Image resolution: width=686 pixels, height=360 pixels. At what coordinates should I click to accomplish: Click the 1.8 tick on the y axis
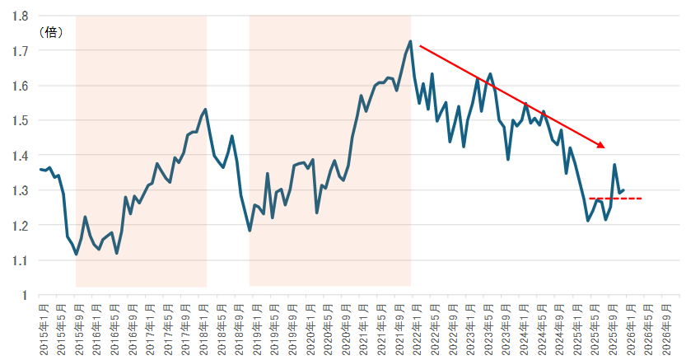coord(21,16)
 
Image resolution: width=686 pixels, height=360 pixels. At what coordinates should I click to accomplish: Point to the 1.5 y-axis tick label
coord(21,120)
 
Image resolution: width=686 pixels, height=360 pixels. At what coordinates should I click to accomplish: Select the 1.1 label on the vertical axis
coord(21,260)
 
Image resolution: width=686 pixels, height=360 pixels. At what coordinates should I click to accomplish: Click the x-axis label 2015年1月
coord(44,330)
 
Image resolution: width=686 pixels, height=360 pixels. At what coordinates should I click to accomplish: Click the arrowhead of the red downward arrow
coord(602,146)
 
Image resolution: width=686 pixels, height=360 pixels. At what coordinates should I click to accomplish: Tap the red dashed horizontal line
coord(616,199)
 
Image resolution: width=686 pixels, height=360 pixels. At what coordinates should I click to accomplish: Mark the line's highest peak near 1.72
coord(410,41)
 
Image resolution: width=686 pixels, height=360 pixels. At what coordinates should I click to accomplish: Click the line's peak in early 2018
coord(205,109)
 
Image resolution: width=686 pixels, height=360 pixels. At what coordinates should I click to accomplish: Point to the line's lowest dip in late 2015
coord(77,255)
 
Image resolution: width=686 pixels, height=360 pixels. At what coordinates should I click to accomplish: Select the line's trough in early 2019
coord(250,231)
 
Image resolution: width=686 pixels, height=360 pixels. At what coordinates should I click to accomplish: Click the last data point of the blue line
coord(624,190)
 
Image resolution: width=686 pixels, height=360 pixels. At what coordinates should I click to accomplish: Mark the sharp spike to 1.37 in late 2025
coord(614,165)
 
